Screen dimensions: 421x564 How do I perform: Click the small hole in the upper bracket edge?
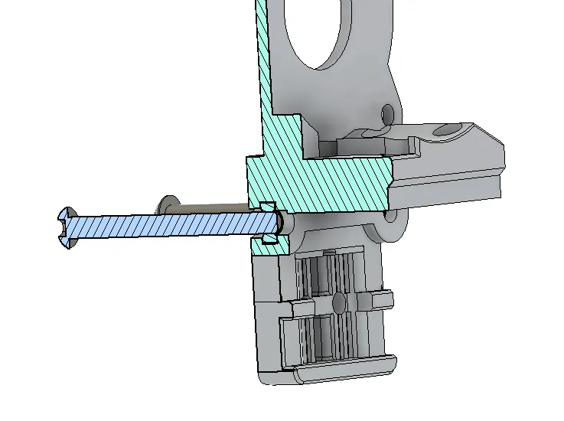click(x=388, y=114)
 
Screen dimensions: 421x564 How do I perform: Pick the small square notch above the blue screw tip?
click(x=267, y=207)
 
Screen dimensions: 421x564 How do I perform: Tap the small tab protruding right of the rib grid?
click(x=385, y=298)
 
